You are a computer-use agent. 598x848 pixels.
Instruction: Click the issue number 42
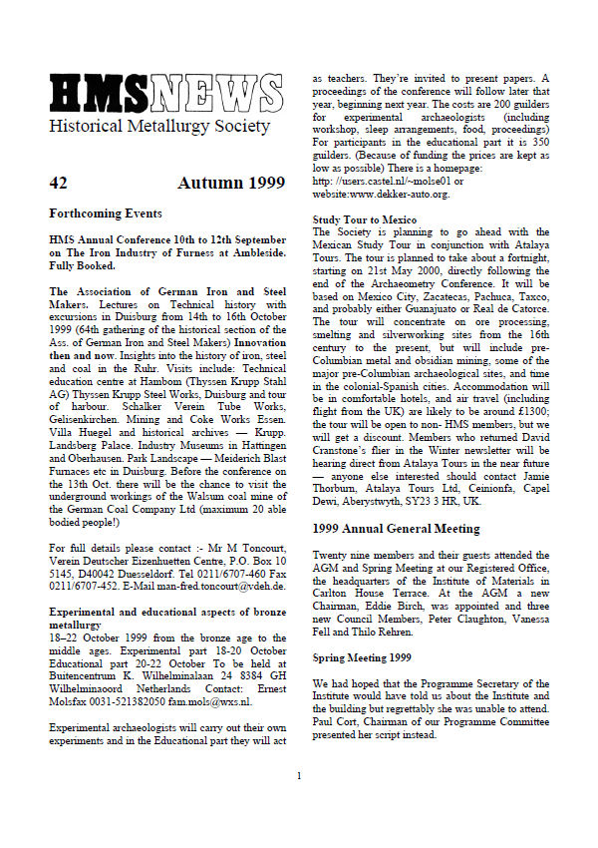coord(58,183)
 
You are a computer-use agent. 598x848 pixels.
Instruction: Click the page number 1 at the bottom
coord(299,802)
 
